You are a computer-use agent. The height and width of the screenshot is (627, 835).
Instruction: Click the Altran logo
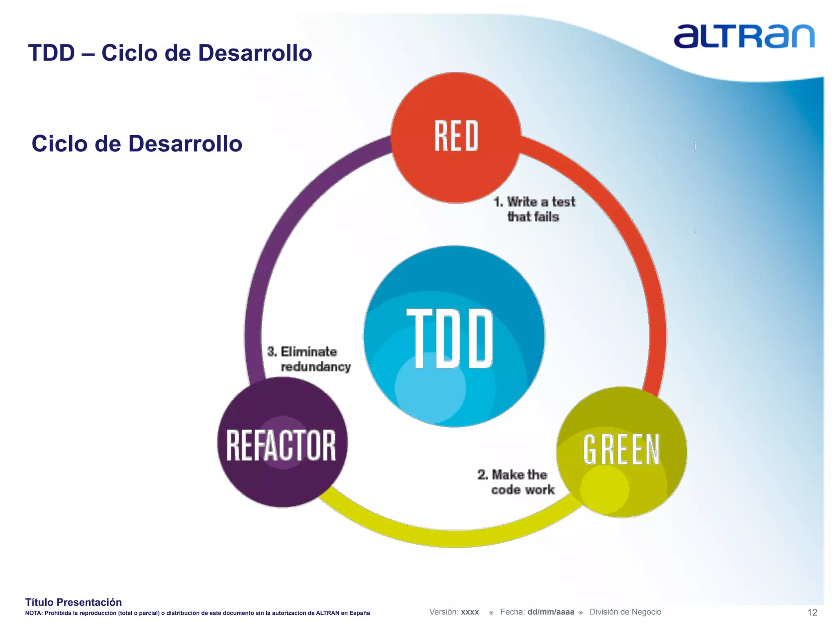tap(744, 37)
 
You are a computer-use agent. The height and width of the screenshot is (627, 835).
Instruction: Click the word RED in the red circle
tap(456, 136)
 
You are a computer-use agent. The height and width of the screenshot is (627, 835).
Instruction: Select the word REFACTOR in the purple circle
tap(281, 445)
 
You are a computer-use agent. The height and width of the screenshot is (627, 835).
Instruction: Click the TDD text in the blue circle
tap(450, 338)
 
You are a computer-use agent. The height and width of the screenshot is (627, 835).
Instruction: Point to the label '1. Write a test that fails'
tap(534, 209)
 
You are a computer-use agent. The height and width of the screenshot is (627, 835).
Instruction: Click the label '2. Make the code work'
tap(516, 482)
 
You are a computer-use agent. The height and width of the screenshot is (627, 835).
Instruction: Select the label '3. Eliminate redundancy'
tap(309, 359)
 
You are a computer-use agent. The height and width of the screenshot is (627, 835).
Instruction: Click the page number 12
tap(812, 612)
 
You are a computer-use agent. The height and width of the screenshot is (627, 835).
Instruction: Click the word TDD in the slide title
tap(51, 53)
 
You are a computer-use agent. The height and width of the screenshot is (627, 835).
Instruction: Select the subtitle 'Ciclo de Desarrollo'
tap(137, 144)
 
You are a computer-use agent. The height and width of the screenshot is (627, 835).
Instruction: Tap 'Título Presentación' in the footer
tap(73, 602)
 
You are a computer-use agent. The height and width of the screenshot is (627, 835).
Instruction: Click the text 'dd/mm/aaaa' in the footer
tap(550, 612)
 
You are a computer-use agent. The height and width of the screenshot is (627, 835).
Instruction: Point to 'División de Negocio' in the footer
tap(625, 612)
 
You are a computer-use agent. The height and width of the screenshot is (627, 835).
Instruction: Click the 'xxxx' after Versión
tap(470, 612)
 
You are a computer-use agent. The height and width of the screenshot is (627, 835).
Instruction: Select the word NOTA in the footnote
tap(33, 613)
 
